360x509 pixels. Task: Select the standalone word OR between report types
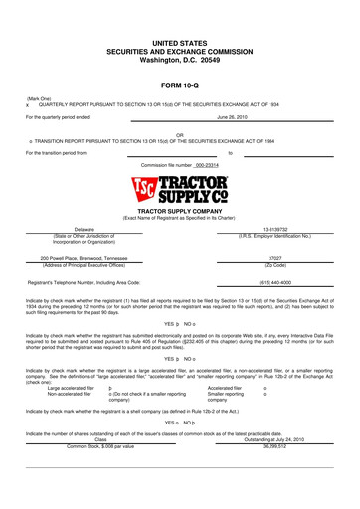tap(180, 134)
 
